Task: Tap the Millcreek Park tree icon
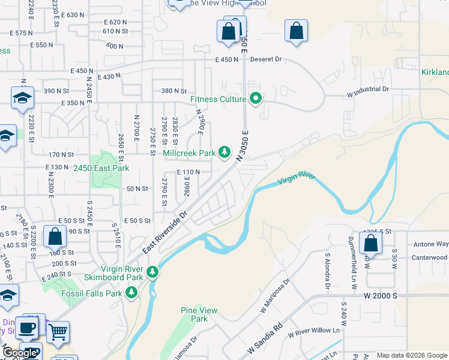click(x=224, y=153)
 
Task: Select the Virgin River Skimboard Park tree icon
click(x=152, y=272)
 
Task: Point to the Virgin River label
click(x=297, y=179)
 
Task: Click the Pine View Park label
click(x=199, y=314)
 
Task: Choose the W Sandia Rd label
click(x=264, y=340)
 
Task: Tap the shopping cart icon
click(x=58, y=331)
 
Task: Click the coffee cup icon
click(x=26, y=328)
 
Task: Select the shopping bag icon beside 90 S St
click(x=55, y=237)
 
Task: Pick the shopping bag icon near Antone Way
click(x=370, y=243)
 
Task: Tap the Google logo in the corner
click(x=19, y=353)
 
